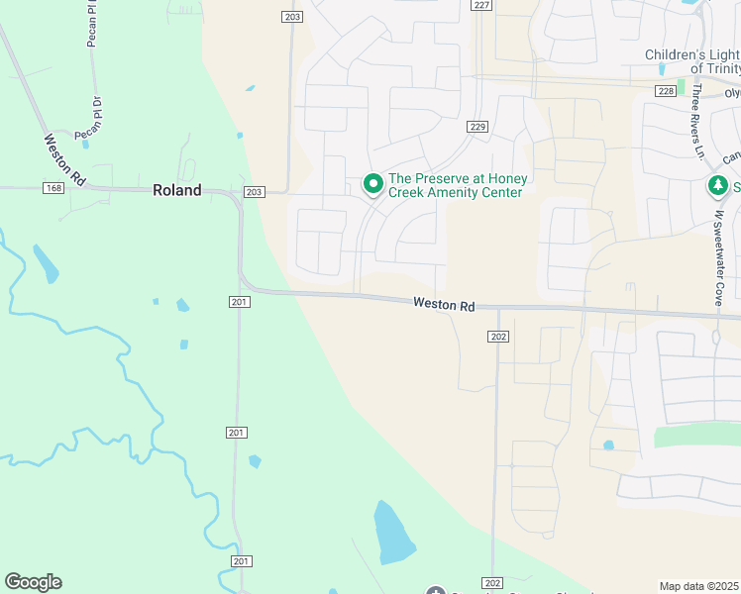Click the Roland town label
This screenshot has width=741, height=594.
(177, 190)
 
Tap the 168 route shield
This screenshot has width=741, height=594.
(53, 188)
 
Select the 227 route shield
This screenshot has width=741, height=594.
(481, 5)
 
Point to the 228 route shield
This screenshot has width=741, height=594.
(665, 90)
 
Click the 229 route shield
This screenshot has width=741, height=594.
(478, 127)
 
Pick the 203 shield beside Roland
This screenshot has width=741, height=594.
(254, 192)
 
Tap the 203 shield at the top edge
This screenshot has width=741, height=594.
(291, 17)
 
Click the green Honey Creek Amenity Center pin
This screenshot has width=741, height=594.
(373, 184)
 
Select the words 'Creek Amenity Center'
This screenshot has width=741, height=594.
(455, 192)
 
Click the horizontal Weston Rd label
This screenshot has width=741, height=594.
(444, 307)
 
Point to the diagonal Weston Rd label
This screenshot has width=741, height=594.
(65, 159)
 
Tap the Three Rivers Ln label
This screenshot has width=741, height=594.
(698, 121)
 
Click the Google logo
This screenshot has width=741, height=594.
(33, 582)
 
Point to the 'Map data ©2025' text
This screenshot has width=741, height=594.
(698, 586)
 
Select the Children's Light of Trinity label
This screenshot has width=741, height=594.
(692, 61)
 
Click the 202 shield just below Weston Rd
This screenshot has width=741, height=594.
(498, 337)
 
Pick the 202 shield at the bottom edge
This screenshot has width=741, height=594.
(492, 582)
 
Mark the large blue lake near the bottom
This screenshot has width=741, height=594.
(394, 534)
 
